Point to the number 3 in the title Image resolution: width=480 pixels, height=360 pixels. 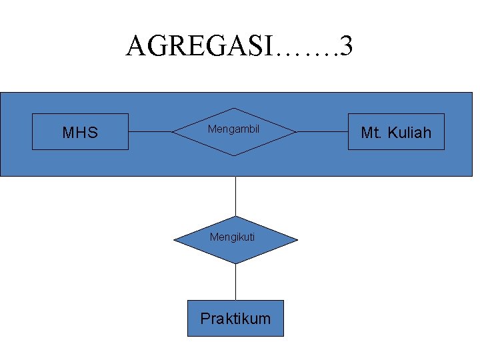pyautogui.click(x=346, y=46)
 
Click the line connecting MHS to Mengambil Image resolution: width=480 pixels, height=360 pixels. pyautogui.click(x=151, y=132)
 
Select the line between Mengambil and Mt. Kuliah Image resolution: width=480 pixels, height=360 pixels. pyautogui.click(x=322, y=132)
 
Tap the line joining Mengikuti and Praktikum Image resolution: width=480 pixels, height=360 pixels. pyautogui.click(x=235, y=282)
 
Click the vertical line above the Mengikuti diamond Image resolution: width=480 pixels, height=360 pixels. pyautogui.click(x=235, y=196)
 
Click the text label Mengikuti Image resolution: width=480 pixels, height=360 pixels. pyautogui.click(x=232, y=236)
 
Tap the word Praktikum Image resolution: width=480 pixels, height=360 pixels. pyautogui.click(x=235, y=319)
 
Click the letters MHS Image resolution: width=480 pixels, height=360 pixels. pyautogui.click(x=80, y=133)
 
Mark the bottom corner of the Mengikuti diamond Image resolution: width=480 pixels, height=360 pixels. pyautogui.click(x=235, y=263)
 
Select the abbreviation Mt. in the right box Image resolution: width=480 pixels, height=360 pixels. pyautogui.click(x=371, y=133)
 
